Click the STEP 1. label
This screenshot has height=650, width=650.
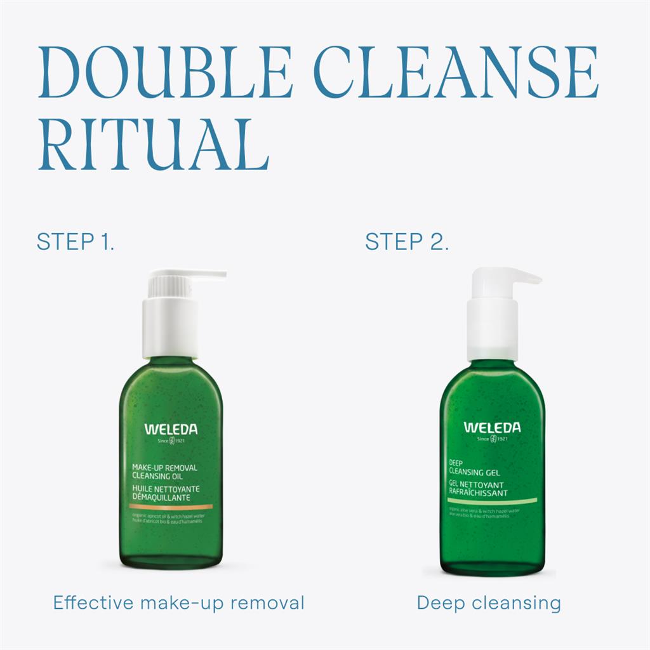pos(76,242)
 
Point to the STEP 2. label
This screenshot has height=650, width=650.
pos(407,242)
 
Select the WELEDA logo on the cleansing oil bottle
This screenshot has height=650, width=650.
pos(171,430)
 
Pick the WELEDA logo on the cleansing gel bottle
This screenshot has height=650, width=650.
pos(491,427)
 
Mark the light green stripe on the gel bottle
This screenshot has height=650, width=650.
pos(492,500)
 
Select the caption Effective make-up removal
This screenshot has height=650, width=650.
pos(178,602)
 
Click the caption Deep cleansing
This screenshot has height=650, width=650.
pos(489,602)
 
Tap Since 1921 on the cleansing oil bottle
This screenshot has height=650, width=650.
pos(171,441)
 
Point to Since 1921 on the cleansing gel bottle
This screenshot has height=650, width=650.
pos(491,438)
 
